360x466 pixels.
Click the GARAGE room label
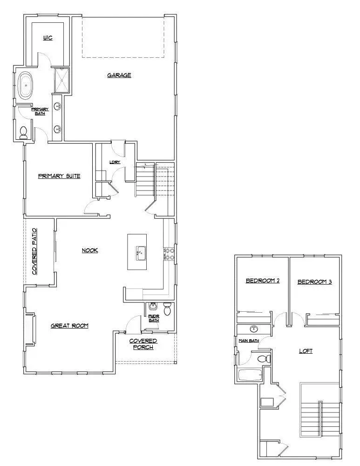click(x=119, y=75)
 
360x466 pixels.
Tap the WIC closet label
click(x=48, y=38)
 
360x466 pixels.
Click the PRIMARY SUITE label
click(x=59, y=176)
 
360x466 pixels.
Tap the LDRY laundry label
click(x=115, y=162)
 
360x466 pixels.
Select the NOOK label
click(x=90, y=250)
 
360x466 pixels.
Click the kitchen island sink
click(x=139, y=254)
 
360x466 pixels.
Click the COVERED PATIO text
click(x=34, y=252)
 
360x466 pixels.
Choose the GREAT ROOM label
click(x=69, y=326)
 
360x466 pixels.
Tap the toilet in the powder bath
click(x=168, y=308)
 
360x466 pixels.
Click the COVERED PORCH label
click(x=143, y=344)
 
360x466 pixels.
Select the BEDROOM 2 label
click(x=262, y=281)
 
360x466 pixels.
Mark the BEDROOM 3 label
click(x=314, y=281)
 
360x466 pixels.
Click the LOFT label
click(x=306, y=351)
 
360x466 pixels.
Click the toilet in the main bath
click(x=264, y=359)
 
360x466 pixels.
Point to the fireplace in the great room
click(x=30, y=329)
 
